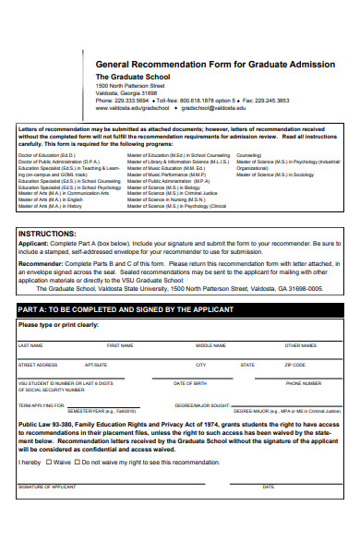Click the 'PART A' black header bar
click(180, 308)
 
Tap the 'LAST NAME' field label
click(30, 345)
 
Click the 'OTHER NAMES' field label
click(301, 345)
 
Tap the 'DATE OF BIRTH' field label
click(190, 383)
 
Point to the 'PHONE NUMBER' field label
click(303, 383)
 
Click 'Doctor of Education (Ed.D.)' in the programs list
click(49, 155)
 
